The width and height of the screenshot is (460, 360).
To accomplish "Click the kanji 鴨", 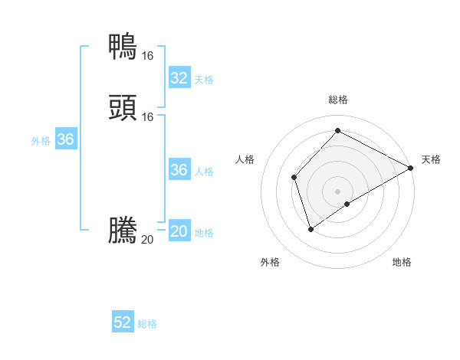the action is point(123,46).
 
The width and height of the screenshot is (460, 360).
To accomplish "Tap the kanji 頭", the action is point(123,107).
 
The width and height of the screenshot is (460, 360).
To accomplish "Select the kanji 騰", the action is point(123,230).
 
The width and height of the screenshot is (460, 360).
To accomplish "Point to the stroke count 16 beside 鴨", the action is point(147,56).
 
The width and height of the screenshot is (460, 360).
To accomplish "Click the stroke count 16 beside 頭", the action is point(147,116).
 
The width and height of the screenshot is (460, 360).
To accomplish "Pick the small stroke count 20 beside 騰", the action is point(147,240).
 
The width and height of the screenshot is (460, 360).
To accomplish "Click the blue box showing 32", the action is point(179,78).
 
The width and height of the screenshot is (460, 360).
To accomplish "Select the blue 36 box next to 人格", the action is point(179,170).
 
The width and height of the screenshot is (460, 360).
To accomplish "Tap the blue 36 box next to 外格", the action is point(66,140).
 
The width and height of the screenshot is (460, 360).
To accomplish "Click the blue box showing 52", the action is point(123,323).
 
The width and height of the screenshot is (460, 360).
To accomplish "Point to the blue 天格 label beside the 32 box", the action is point(204,80).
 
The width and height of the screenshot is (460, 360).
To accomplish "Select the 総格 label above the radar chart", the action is point(338,100).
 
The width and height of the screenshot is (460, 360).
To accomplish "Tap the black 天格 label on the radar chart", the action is point(431,159).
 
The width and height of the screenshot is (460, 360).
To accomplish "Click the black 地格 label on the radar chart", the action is point(402,263).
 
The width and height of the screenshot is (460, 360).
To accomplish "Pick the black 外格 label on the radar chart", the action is point(270,263).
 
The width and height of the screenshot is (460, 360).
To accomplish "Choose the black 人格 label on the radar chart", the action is point(245,159).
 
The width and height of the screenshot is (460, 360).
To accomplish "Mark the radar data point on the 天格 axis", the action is point(411,168).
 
